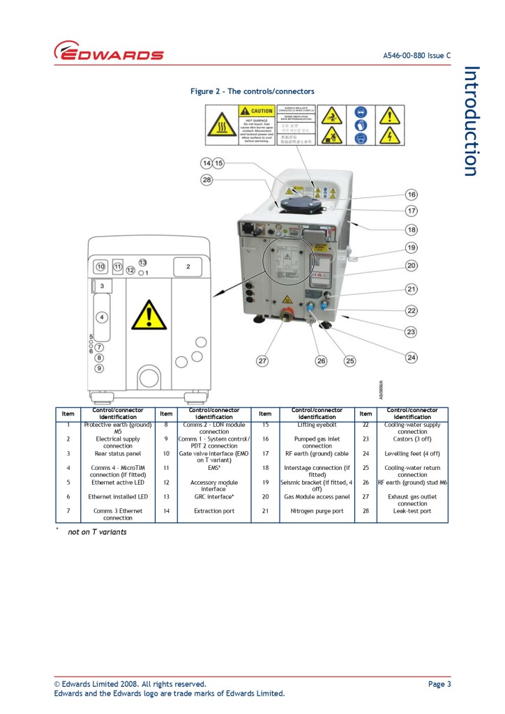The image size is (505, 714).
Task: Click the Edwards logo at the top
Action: [x=109, y=52]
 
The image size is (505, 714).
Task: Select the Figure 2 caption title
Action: [x=252, y=91]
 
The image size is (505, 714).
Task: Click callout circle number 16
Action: [x=412, y=195]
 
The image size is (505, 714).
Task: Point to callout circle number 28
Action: [x=206, y=181]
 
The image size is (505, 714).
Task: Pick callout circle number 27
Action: [x=262, y=360]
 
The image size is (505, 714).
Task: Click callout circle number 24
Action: [x=412, y=358]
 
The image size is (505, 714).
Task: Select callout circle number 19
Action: [x=412, y=248]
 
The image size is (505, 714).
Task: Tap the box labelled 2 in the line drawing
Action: [x=188, y=266]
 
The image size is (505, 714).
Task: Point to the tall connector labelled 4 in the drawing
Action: [x=102, y=317]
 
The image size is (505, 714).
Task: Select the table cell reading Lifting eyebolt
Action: [x=317, y=424]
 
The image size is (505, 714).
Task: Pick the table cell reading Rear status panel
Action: [x=117, y=453]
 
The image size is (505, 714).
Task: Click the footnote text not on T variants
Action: [x=97, y=532]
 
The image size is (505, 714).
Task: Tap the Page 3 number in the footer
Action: [x=439, y=684]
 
